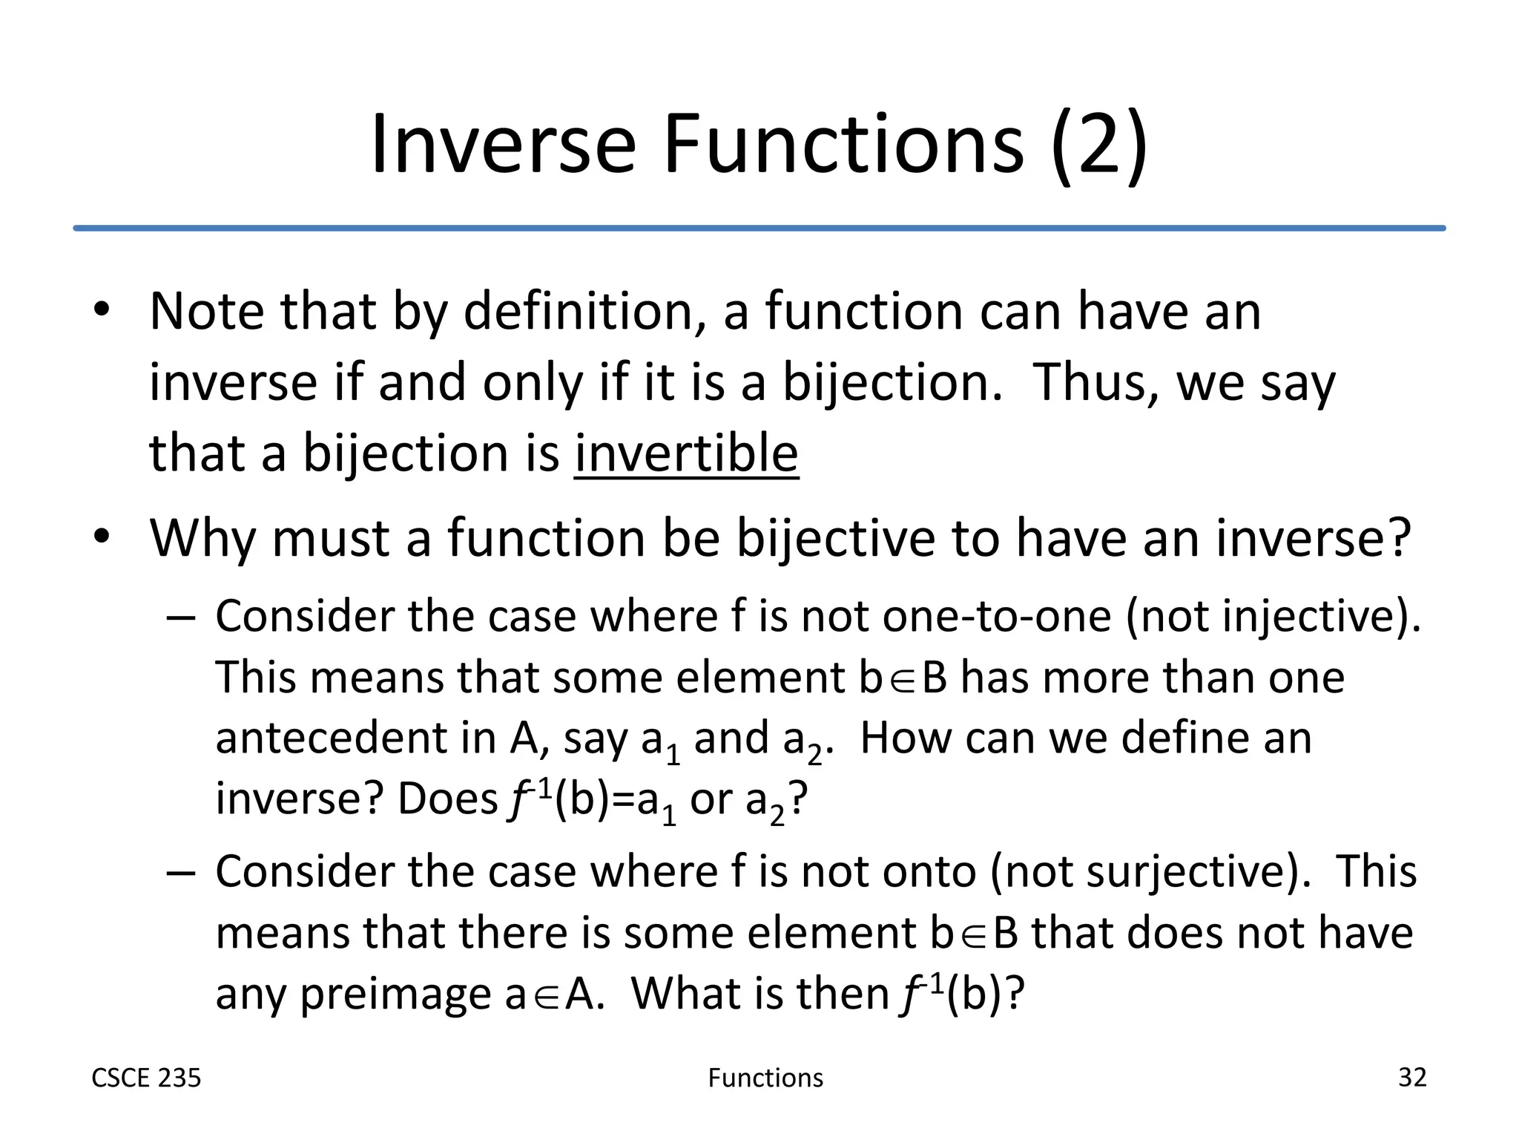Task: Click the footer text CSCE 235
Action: [146, 1078]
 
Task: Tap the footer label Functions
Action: [765, 1078]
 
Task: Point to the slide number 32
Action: [1411, 1077]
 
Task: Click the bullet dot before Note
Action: [102, 310]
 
